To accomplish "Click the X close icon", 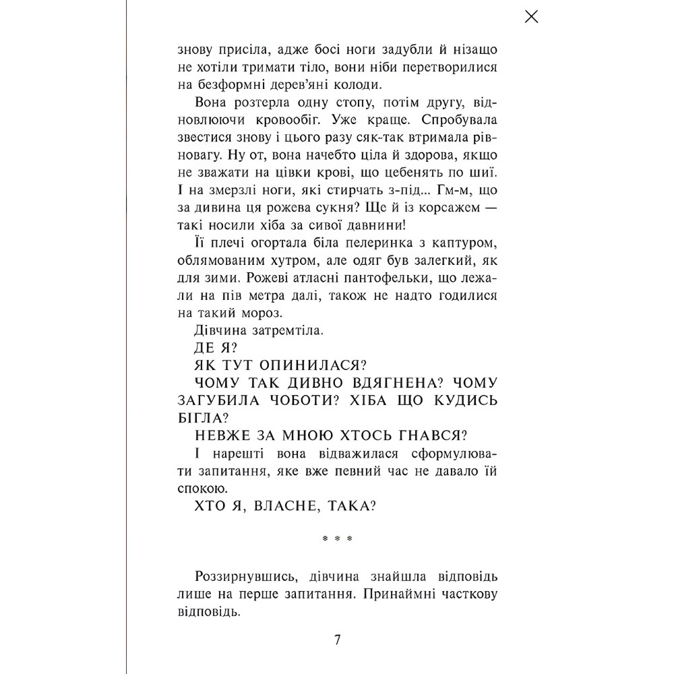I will [x=531, y=18].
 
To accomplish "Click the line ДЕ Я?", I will [x=213, y=348].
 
